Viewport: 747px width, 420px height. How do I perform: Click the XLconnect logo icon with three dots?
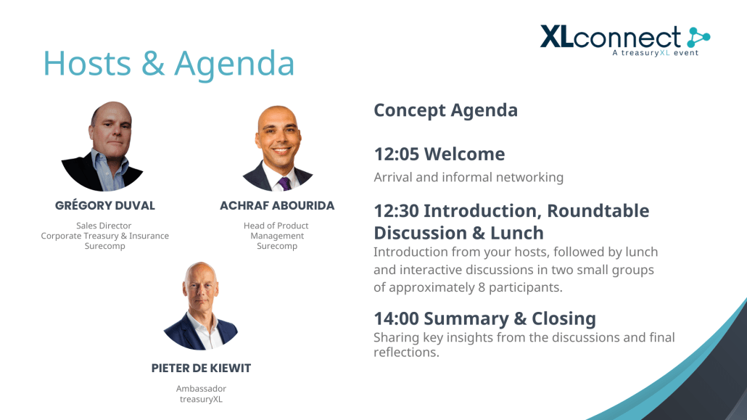click(x=698, y=37)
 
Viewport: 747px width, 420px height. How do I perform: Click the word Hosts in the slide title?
click(x=87, y=63)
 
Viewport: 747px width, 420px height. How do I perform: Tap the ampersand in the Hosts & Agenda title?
click(x=153, y=63)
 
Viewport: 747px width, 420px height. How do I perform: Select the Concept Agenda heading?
click(x=445, y=110)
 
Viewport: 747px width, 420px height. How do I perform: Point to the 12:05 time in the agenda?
click(x=397, y=154)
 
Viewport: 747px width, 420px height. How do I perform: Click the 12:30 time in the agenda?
click(x=397, y=210)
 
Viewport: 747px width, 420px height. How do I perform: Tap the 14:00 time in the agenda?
click(x=397, y=318)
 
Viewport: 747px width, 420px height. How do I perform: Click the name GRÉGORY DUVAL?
click(x=105, y=205)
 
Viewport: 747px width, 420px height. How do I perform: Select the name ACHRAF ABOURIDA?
click(x=277, y=205)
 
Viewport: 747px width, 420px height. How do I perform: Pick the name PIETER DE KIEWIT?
click(x=201, y=368)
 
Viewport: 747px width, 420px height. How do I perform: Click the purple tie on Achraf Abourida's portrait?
click(x=284, y=184)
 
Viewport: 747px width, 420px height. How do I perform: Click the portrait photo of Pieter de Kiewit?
click(x=201, y=305)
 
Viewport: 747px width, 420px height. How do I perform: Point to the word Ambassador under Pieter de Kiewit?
click(x=201, y=389)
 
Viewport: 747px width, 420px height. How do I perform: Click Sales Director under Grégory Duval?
click(x=104, y=226)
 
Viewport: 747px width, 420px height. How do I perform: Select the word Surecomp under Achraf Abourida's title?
click(x=277, y=246)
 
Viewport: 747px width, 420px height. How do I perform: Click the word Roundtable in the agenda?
click(x=598, y=210)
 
